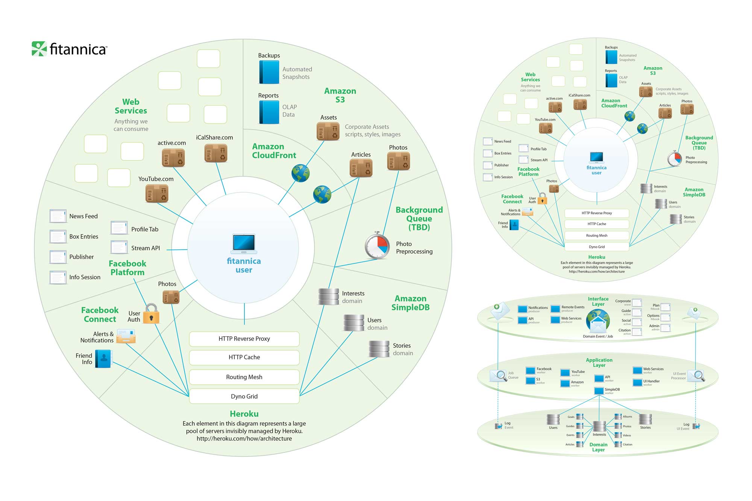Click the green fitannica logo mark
click(39, 49)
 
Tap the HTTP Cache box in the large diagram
click(244, 357)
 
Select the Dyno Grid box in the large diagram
click(244, 396)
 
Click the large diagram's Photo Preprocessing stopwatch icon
click(377, 245)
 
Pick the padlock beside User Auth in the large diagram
click(152, 314)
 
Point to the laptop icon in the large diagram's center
click(244, 243)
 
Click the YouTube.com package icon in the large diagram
click(157, 194)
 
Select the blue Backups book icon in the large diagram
click(269, 72)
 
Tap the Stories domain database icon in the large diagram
click(379, 349)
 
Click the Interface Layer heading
click(598, 301)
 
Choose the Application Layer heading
click(599, 362)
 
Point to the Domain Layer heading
click(598, 447)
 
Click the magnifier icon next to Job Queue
click(499, 375)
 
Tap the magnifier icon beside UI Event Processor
click(697, 376)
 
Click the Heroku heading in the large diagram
click(244, 414)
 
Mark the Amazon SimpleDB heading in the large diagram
click(410, 303)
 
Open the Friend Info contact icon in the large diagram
click(103, 359)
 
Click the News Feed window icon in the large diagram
click(58, 216)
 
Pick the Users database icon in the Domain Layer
click(553, 419)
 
